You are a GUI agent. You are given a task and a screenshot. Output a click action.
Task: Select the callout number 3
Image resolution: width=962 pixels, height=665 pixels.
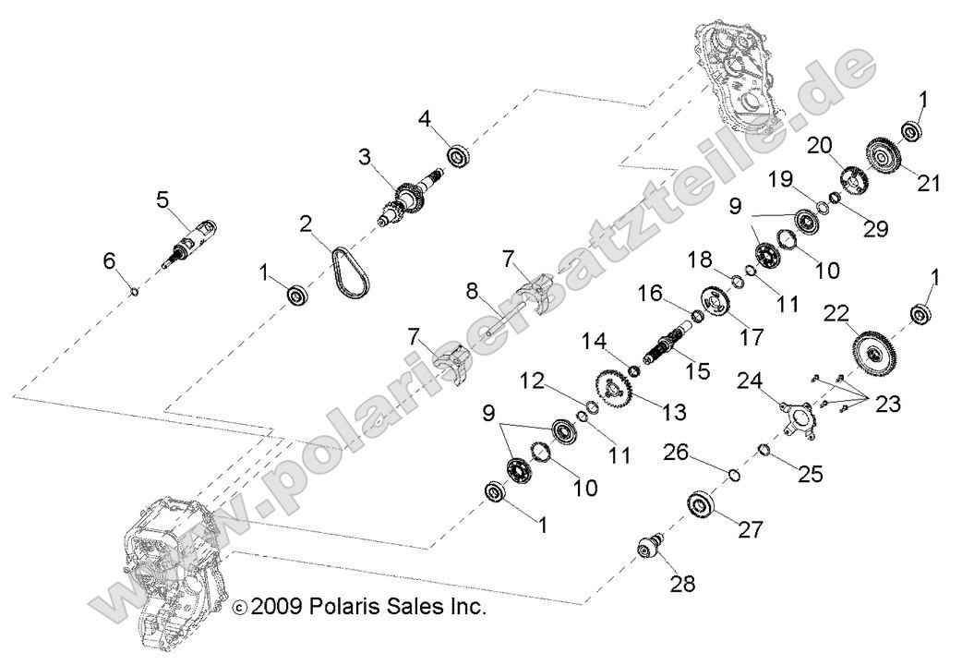click(x=367, y=158)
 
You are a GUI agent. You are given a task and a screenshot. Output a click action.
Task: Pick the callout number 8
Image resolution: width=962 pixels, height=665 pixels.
click(x=472, y=293)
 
